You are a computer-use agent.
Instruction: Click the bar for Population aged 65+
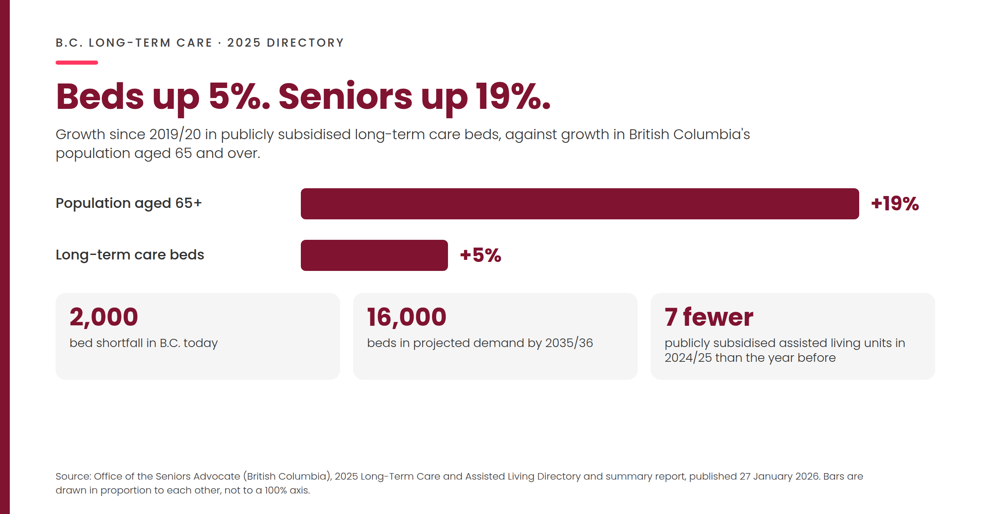pos(580,204)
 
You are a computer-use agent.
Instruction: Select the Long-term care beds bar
pos(374,255)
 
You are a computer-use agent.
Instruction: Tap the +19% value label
pos(895,204)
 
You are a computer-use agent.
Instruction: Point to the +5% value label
pos(481,255)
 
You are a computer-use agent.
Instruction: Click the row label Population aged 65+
pos(129,203)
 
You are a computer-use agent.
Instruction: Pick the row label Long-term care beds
pos(130,255)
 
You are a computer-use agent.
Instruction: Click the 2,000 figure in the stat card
pos(104,317)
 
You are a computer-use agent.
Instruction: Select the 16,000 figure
pos(407,317)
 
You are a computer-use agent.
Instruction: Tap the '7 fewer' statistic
pos(709,317)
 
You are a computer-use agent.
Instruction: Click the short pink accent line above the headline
pos(77,63)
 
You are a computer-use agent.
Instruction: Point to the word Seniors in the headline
pos(345,97)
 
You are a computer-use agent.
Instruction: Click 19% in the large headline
pos(513,97)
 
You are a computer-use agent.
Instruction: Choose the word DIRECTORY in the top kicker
pos(305,43)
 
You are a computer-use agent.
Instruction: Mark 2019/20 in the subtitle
pos(175,134)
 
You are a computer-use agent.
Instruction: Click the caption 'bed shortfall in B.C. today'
pos(143,343)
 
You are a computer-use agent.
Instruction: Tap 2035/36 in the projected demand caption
pos(569,343)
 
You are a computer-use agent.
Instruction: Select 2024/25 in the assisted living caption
pos(688,358)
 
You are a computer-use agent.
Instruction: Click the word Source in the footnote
pos(73,476)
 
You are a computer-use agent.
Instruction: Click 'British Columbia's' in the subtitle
pos(690,134)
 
